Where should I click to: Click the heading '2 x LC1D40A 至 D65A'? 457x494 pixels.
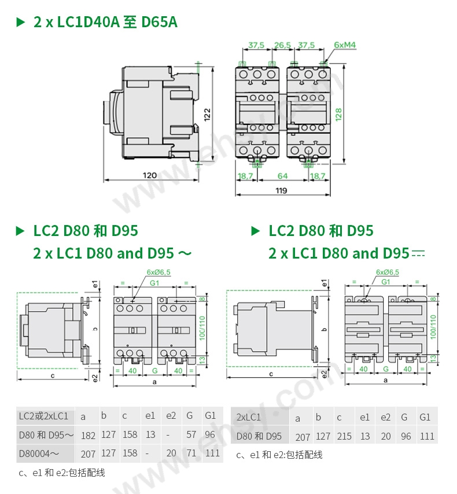click(105, 23)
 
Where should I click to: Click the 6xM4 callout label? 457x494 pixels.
click(344, 45)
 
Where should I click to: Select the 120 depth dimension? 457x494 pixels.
click(150, 175)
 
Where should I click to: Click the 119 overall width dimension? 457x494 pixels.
click(282, 190)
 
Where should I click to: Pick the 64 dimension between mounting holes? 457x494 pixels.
click(282, 175)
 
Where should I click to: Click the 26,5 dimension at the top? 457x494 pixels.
click(282, 45)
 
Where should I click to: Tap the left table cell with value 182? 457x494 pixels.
click(89, 436)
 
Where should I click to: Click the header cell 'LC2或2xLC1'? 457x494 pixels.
click(43, 416)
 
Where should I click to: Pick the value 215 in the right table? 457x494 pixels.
click(344, 437)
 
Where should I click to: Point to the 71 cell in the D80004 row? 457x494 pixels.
click(191, 454)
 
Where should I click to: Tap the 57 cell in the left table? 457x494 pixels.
click(191, 435)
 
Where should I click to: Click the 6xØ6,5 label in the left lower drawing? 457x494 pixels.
click(159, 272)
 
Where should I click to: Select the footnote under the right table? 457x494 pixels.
click(279, 455)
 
